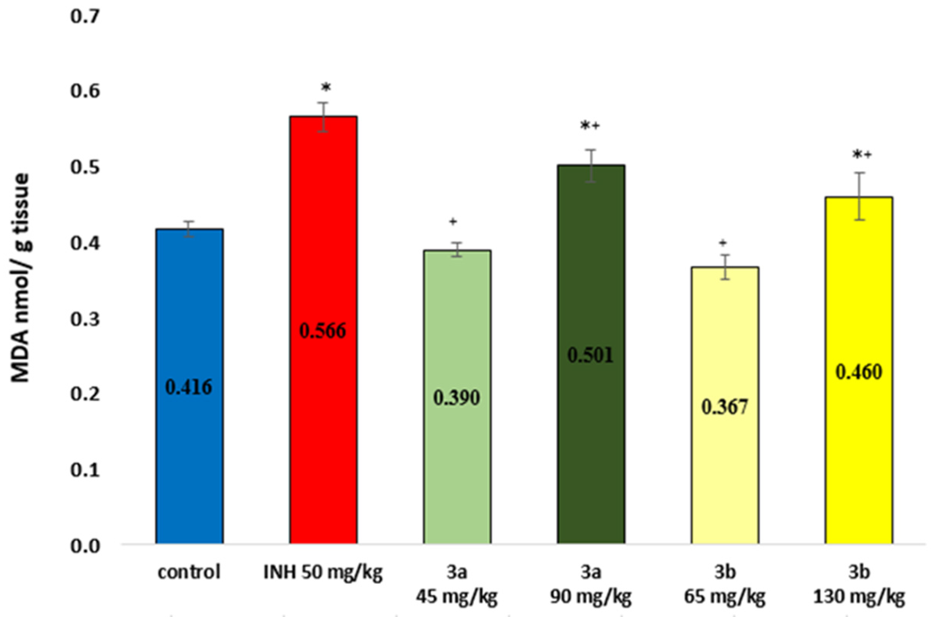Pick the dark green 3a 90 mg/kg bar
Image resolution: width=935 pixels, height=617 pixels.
pos(591,433)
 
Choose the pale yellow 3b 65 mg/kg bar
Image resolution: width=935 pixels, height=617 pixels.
pos(725,472)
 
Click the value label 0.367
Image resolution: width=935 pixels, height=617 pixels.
pos(725,407)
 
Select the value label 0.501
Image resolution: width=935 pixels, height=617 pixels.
pos(590,356)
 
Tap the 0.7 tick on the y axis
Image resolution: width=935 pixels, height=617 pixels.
pos(85,17)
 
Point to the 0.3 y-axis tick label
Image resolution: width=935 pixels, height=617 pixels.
pos(85,320)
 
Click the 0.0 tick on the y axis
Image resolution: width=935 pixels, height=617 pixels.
pos(85,547)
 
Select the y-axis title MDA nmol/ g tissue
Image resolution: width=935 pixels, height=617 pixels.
pos(20,277)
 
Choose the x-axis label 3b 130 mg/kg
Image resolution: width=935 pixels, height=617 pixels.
pos(859,585)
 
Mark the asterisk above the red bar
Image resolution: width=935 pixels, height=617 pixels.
pos(325,88)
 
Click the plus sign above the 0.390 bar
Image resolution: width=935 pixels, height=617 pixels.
pos(453,222)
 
